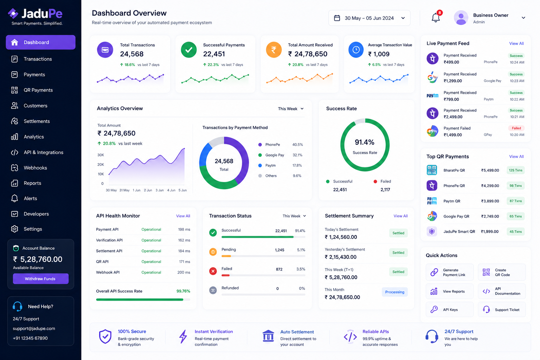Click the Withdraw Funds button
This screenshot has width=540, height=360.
[40, 278]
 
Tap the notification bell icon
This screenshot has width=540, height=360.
[435, 18]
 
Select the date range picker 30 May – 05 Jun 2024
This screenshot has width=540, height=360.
[369, 18]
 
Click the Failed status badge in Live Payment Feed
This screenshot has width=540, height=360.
[516, 128]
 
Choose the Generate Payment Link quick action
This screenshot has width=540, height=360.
[449, 272]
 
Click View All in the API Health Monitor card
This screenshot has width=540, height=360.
[183, 216]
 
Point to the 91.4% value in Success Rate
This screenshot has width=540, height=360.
[365, 142]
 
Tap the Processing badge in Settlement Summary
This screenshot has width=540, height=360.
[395, 292]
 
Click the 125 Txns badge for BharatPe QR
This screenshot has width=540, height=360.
[515, 170]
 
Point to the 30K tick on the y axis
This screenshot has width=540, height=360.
[101, 155]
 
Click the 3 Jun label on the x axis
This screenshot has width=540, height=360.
[160, 190]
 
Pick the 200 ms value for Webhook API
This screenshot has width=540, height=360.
[184, 272]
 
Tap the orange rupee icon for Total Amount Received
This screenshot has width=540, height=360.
[274, 50]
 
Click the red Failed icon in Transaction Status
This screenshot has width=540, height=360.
[213, 271]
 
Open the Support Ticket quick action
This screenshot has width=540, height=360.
[502, 310]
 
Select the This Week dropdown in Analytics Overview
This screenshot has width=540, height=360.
[291, 109]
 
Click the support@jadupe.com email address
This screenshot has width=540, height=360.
[34, 328]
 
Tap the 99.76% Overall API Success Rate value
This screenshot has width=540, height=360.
[183, 291]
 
